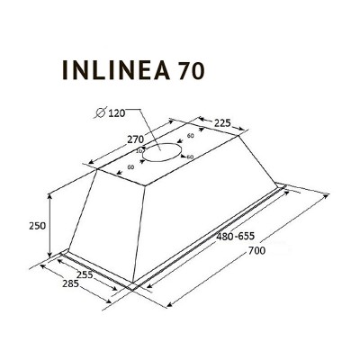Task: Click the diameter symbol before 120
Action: click(99, 112)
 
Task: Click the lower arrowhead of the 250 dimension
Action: click(49, 259)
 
